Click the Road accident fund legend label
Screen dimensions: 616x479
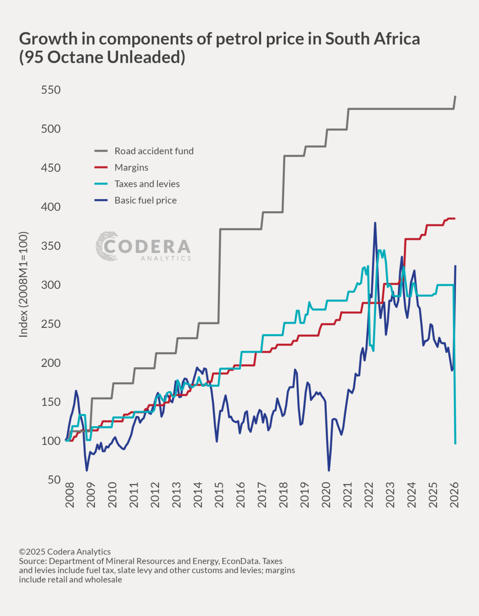(154, 151)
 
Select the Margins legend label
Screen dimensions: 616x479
(131, 168)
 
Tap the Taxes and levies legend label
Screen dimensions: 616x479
(147, 184)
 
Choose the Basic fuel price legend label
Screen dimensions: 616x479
(145, 200)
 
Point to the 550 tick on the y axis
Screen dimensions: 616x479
(51, 90)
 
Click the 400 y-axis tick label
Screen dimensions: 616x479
(51, 207)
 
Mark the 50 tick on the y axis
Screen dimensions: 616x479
(54, 480)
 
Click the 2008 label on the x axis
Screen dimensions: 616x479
(70, 495)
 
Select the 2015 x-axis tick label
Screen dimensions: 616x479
(219, 495)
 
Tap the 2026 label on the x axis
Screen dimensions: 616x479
(454, 495)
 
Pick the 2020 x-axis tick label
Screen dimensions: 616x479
(326, 495)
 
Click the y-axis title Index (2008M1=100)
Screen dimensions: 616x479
(24, 284)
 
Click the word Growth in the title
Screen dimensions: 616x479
(48, 39)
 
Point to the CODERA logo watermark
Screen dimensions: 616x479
(143, 246)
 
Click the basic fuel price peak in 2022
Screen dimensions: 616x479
(375, 223)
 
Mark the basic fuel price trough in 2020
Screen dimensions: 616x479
(329, 470)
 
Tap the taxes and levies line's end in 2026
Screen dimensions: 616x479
(455, 443)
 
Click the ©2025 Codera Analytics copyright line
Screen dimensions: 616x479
(65, 552)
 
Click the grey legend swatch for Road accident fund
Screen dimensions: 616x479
(101, 151)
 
